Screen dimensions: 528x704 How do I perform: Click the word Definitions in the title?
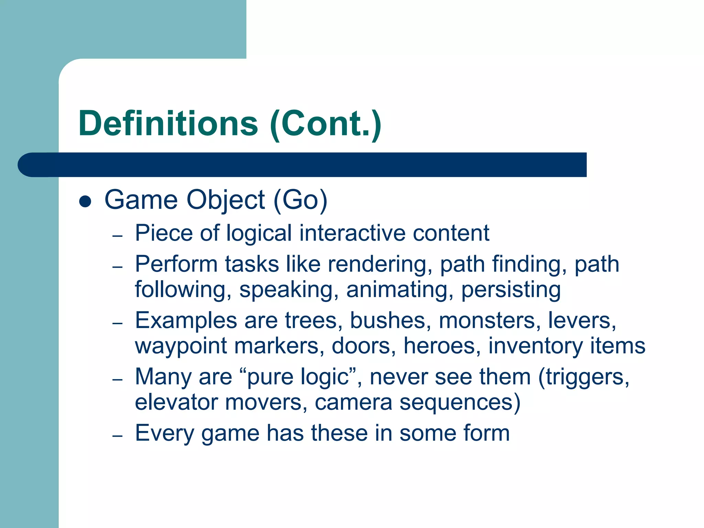click(x=168, y=123)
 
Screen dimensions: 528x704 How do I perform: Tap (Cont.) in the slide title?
click(x=326, y=124)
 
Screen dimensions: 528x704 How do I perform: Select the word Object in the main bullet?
click(x=225, y=200)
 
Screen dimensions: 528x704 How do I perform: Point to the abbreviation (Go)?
click(x=300, y=200)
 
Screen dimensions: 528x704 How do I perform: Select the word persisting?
click(x=511, y=290)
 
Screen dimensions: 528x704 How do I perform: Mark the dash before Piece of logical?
click(x=118, y=236)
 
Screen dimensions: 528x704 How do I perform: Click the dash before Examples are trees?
click(x=118, y=323)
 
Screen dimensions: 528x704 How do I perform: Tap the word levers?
click(x=582, y=321)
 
